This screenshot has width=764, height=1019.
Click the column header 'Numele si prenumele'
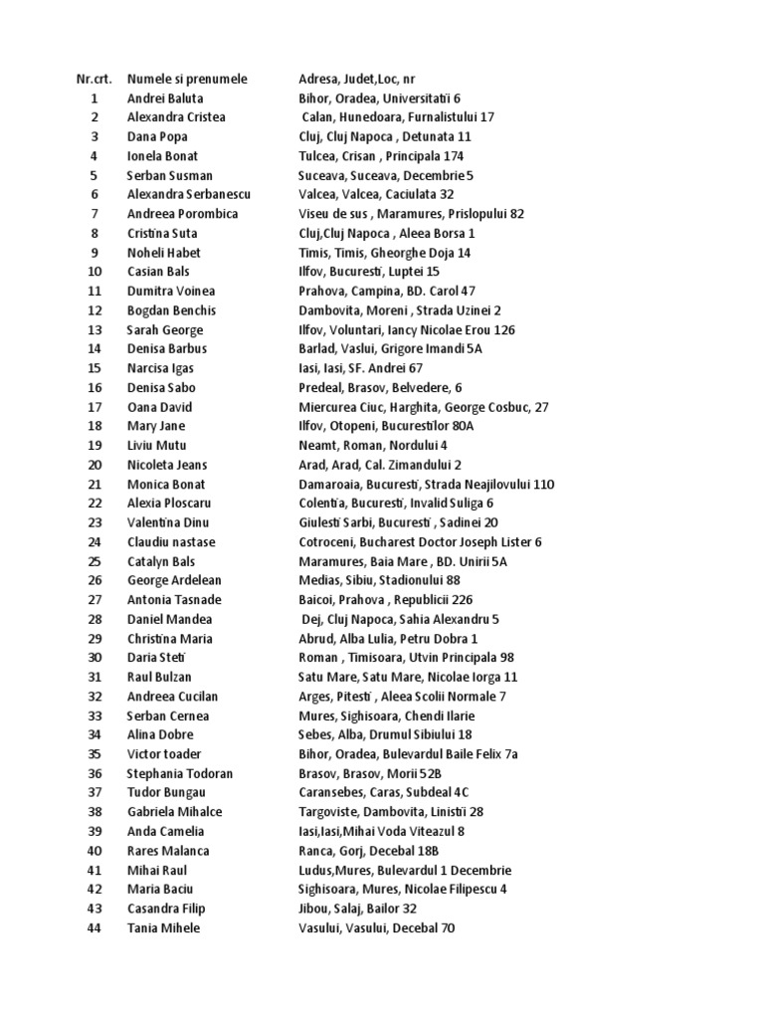click(188, 79)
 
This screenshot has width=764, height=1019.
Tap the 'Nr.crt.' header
click(95, 79)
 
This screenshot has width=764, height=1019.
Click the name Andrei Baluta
click(165, 98)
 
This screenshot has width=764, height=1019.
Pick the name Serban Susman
click(168, 175)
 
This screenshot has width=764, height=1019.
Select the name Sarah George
click(165, 329)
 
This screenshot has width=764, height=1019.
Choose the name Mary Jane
click(157, 426)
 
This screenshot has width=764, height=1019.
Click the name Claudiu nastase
click(171, 542)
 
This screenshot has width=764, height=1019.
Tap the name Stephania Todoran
click(179, 773)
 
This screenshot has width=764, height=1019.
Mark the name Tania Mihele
click(164, 927)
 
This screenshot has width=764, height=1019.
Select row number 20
click(95, 465)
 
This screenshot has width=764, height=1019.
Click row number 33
click(95, 715)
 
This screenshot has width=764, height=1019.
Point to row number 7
click(95, 214)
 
